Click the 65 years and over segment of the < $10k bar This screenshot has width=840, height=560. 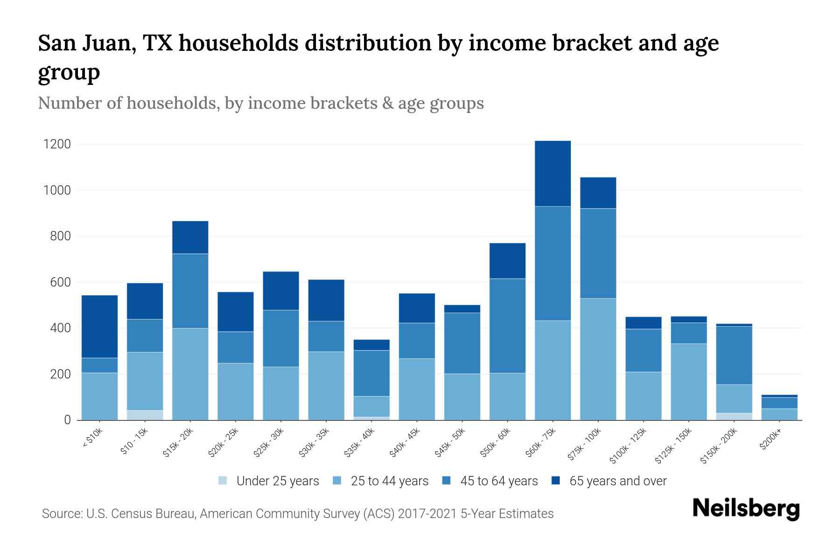99,326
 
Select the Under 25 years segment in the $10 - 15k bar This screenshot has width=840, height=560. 145,415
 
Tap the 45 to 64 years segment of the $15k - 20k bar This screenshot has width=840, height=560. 190,291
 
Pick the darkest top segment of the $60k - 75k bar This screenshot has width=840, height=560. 553,173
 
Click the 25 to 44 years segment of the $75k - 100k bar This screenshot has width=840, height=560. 598,359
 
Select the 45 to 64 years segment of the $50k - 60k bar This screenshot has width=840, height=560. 507,325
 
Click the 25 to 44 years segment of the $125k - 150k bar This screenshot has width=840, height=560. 689,382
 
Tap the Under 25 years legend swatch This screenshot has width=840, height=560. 223,481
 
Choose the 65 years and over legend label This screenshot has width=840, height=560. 618,481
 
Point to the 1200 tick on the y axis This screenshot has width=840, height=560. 57,144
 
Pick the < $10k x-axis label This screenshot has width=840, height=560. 92,439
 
